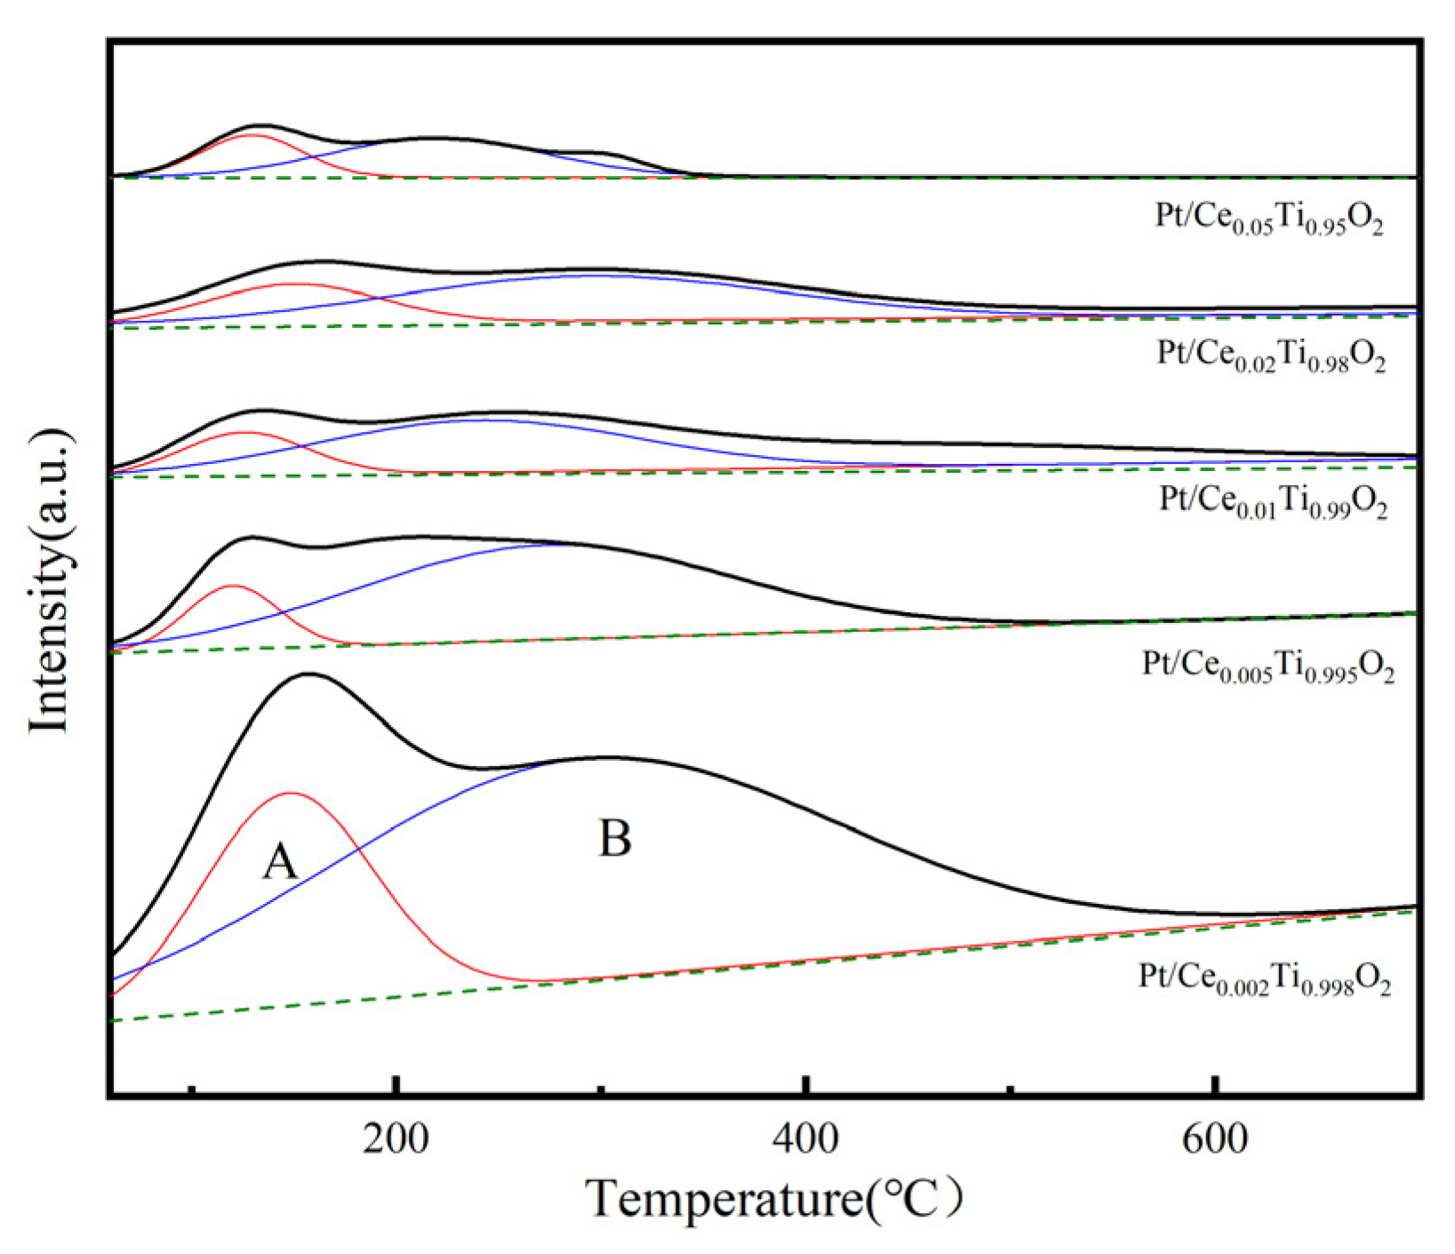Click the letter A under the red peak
tap(280, 861)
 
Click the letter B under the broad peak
tap(615, 838)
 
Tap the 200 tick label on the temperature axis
tap(396, 1138)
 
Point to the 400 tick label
tap(805, 1138)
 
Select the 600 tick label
tap(1214, 1138)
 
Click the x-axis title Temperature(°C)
tap(774, 1199)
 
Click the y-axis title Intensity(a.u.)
tap(50, 581)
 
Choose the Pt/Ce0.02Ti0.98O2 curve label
tap(1271, 355)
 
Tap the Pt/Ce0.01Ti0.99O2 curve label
tap(1273, 500)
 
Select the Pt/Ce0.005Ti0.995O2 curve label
tap(1268, 666)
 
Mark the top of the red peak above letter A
tap(291, 793)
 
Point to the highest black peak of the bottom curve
tap(308, 674)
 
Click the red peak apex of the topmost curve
tap(252, 134)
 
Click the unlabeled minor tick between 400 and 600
tap(1010, 1089)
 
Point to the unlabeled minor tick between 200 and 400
tap(601, 1089)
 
